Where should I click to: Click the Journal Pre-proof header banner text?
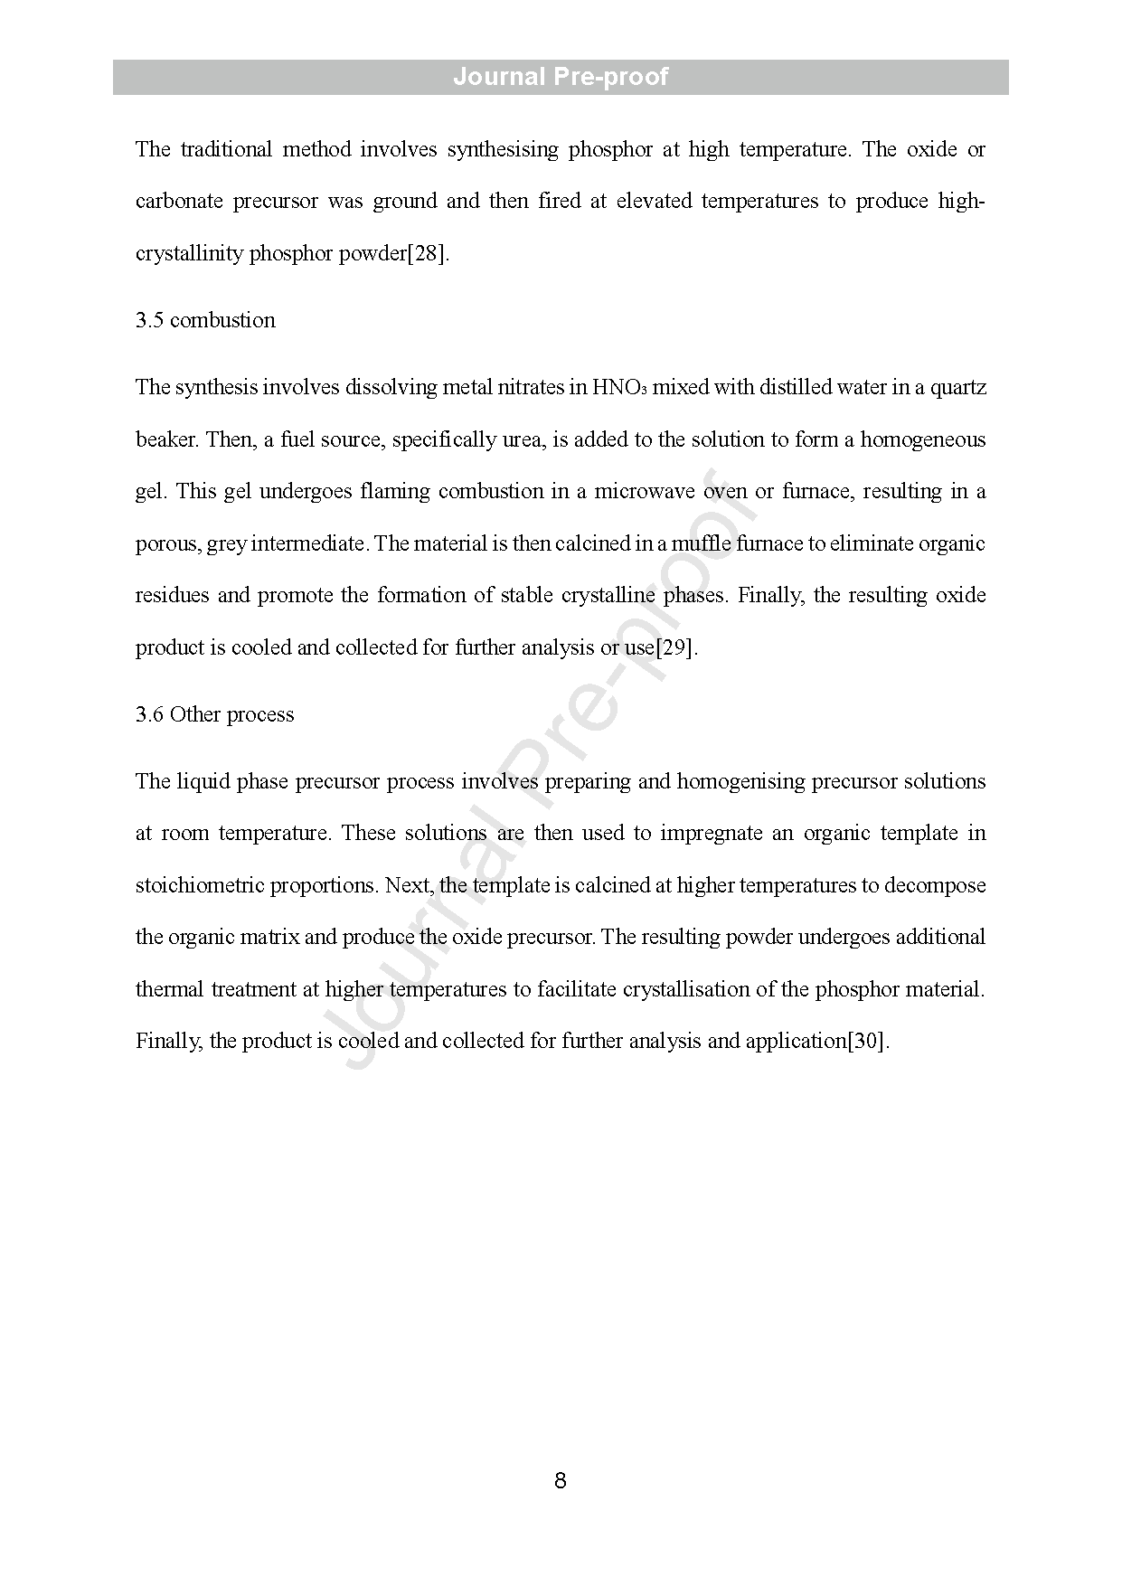point(561,77)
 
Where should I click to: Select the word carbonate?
point(178,201)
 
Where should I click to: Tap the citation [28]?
point(427,253)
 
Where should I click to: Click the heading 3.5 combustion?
point(205,320)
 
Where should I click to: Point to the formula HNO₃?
point(618,388)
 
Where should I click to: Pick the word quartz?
point(958,388)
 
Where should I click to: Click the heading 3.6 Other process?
point(215,714)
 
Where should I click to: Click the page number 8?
point(561,1480)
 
